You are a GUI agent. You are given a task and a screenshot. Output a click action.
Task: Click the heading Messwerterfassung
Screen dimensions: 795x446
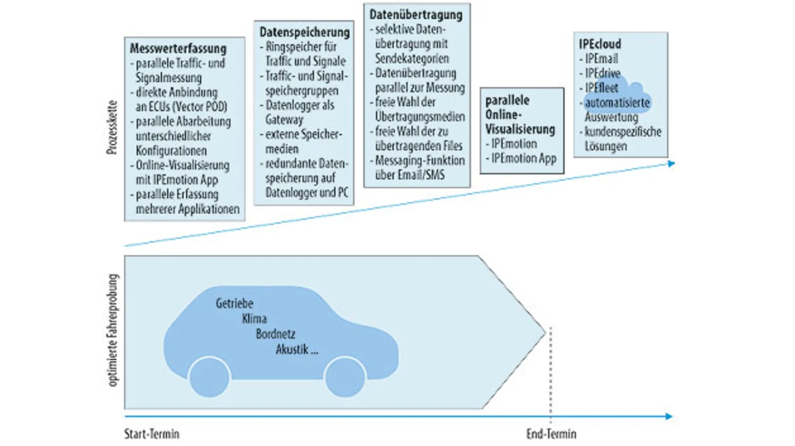click(x=178, y=48)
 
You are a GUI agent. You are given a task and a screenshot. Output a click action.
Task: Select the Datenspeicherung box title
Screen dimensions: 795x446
click(x=304, y=32)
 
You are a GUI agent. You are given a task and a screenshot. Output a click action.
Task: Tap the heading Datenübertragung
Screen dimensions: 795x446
click(x=416, y=15)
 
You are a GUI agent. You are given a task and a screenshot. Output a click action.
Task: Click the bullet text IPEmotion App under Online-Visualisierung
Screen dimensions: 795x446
click(x=524, y=158)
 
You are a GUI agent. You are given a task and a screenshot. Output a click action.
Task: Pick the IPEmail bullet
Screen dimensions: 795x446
click(x=601, y=58)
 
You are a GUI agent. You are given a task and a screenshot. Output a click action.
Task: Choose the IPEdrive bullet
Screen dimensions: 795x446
click(x=602, y=73)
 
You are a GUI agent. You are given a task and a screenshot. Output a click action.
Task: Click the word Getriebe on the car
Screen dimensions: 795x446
click(x=234, y=303)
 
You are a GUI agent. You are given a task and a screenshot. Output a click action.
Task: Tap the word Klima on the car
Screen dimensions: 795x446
click(x=254, y=319)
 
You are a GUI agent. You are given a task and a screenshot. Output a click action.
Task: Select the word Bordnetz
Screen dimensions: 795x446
click(x=275, y=334)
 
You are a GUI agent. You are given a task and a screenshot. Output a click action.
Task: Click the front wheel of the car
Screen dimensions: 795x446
click(x=345, y=377)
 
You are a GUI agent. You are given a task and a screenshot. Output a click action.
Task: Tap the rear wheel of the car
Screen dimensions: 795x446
click(x=209, y=377)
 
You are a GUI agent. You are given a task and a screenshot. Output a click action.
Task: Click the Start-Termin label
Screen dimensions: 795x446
click(x=152, y=434)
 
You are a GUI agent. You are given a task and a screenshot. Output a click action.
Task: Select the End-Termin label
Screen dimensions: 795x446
click(x=551, y=434)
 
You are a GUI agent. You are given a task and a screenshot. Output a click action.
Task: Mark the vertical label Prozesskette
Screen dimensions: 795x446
click(x=112, y=128)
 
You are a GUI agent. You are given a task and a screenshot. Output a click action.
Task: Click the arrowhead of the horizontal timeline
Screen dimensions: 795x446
click(x=669, y=416)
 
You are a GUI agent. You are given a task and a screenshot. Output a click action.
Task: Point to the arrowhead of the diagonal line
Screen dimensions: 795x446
click(x=671, y=163)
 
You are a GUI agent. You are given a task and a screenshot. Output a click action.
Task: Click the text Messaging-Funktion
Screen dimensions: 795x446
click(x=420, y=161)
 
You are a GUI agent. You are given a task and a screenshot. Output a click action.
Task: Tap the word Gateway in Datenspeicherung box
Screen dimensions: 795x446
click(x=284, y=120)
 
